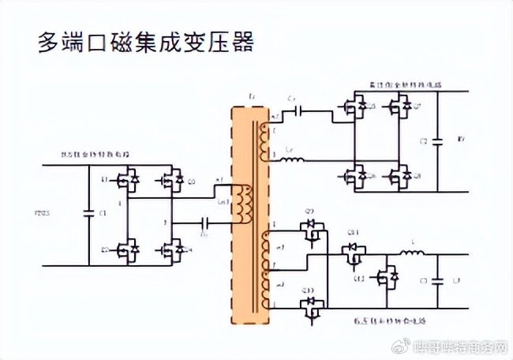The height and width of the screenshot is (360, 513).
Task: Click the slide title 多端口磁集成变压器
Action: coord(146,43)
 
